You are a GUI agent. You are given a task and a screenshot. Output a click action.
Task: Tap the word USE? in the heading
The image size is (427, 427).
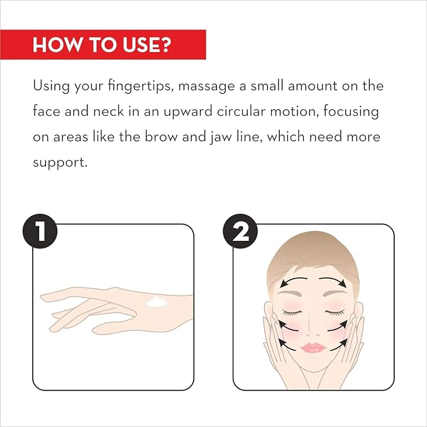147,45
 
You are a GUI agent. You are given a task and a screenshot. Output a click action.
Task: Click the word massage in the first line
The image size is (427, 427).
206,87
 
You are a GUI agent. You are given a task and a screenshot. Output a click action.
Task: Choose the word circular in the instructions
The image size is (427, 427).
241,111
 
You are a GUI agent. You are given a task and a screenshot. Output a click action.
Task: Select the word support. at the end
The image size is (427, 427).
60,163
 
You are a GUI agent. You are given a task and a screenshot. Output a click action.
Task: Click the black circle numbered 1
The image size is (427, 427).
40,231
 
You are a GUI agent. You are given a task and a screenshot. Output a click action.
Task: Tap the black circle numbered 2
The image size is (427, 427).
240,231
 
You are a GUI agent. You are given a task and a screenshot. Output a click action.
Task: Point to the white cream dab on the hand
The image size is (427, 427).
157,302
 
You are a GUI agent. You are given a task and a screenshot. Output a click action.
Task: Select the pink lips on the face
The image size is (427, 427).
313,348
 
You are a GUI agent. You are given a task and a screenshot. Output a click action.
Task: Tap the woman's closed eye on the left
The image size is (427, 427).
292,313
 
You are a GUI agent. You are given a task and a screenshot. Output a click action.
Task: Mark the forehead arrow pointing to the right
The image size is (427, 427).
333,281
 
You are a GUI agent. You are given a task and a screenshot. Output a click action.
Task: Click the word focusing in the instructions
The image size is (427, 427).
351,111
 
